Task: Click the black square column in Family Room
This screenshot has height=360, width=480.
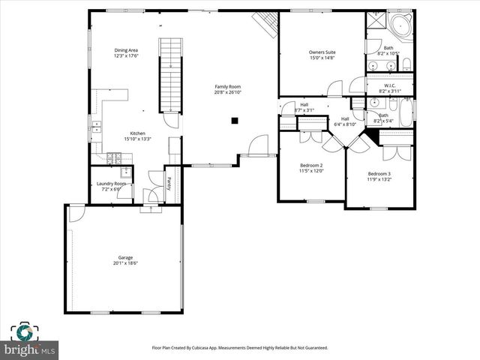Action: click(235, 120)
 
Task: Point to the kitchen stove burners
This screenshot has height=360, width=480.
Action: click(115, 157)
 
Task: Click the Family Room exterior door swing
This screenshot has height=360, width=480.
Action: click(259, 144)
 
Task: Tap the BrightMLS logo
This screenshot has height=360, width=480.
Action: click(30, 341)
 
